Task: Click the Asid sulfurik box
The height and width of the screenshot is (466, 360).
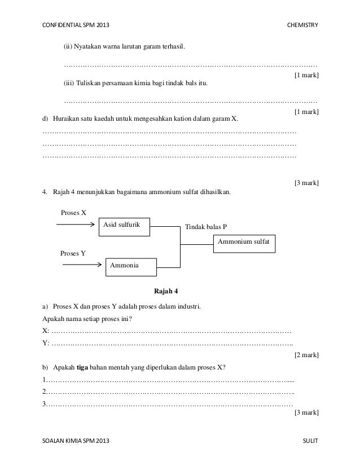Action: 126,226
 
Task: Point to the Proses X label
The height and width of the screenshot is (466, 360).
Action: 73,213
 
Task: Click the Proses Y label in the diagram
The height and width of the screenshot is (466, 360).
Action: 73,253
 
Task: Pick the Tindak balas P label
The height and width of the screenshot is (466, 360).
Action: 206,227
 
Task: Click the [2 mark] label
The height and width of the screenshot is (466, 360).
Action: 306,355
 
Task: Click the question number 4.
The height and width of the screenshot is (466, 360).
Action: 45,192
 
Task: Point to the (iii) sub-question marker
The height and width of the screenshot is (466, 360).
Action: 68,84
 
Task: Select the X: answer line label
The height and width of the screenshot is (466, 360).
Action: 46,331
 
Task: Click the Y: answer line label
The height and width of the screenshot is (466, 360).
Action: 46,343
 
